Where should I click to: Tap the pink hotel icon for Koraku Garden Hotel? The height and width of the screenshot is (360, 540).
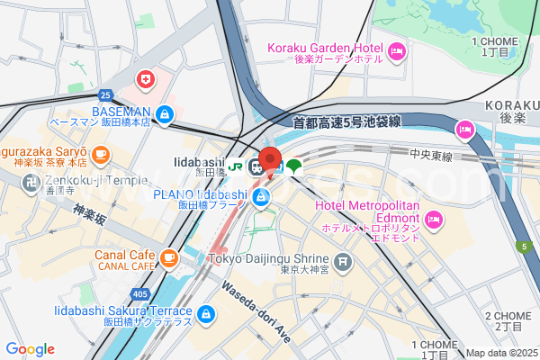pyautogui.click(x=396, y=53)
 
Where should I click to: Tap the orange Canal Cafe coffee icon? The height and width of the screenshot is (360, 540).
pyautogui.click(x=168, y=258)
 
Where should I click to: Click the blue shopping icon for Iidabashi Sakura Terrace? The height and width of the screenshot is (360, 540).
pyautogui.click(x=206, y=314)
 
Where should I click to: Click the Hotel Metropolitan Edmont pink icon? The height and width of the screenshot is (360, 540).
pyautogui.click(x=434, y=219)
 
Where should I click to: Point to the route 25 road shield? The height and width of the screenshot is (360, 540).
pyautogui.click(x=105, y=94)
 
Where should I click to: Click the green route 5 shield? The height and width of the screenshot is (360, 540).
pyautogui.click(x=522, y=246)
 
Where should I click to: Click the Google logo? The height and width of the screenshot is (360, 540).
pyautogui.click(x=30, y=349)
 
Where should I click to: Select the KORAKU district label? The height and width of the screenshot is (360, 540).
pyautogui.click(x=511, y=105)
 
